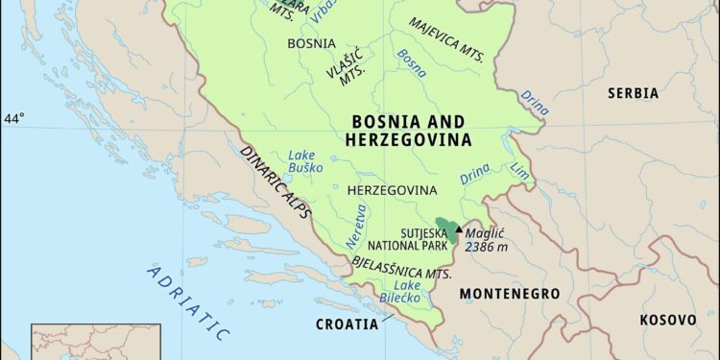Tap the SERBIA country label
pos(632,93)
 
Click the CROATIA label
pos(347,324)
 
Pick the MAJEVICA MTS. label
pos(446,38)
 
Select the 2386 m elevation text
pos(486,247)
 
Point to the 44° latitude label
pos(14,119)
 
